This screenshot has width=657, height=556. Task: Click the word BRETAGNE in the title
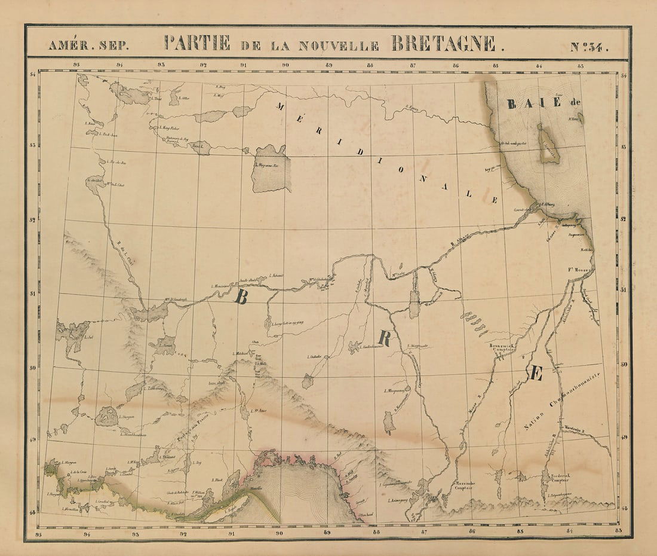click(443, 43)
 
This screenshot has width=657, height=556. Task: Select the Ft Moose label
click(579, 270)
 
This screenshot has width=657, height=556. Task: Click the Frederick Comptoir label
click(555, 477)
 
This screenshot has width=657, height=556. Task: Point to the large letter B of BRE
click(241, 297)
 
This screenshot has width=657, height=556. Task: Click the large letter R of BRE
click(385, 339)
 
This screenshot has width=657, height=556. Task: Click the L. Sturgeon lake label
click(126, 417)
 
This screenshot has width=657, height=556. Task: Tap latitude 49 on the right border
click(624, 437)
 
